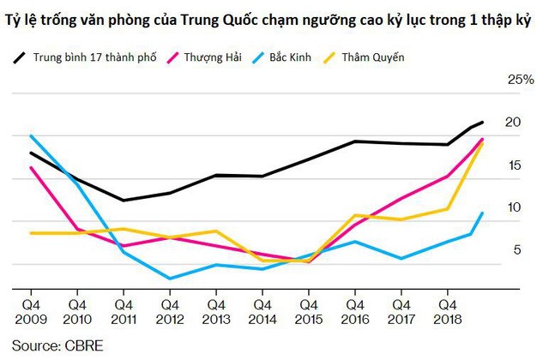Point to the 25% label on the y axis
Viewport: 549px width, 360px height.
tap(522, 80)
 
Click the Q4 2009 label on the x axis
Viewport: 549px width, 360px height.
tap(31, 311)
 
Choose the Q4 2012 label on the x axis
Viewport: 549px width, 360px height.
tap(170, 311)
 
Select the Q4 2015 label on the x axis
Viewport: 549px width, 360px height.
tap(309, 311)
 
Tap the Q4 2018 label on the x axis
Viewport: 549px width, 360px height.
tap(448, 311)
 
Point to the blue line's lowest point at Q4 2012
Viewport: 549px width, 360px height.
tap(170, 279)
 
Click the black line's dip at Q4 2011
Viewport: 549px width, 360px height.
tap(124, 201)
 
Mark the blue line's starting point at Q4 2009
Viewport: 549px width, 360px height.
tap(31, 135)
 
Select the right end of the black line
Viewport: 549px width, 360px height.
tap(483, 123)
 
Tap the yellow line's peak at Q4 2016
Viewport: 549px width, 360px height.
tap(355, 214)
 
